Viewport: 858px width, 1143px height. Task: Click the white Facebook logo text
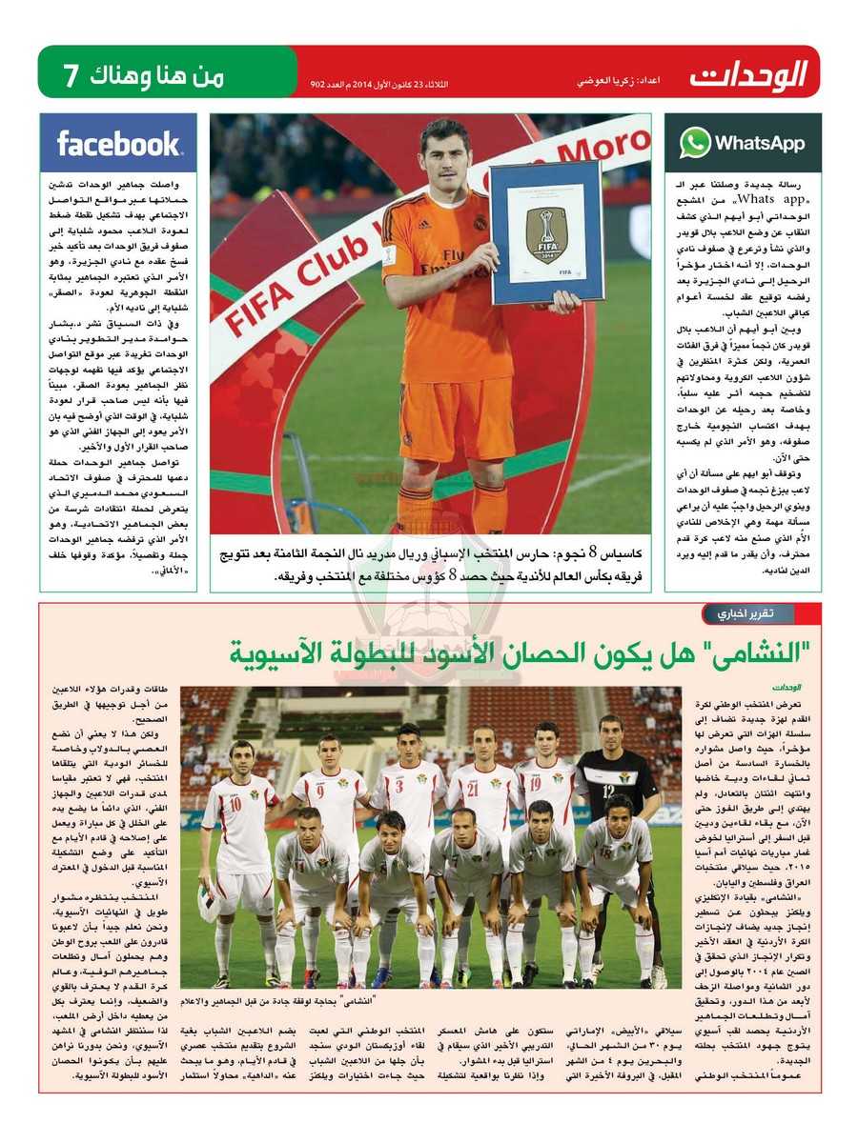(118, 144)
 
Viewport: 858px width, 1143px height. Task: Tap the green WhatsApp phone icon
(695, 143)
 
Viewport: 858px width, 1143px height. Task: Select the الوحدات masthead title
(749, 73)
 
